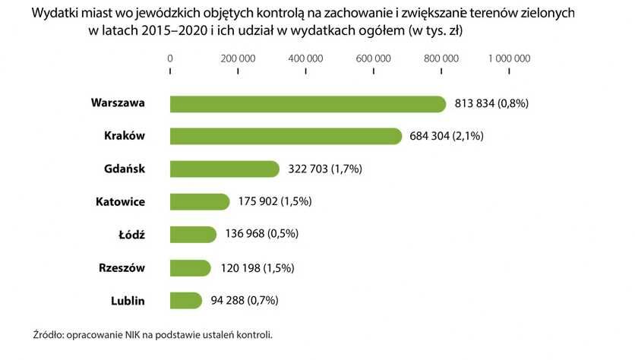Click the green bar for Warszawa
click(x=308, y=103)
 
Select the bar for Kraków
click(x=286, y=136)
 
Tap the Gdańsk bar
click(x=225, y=169)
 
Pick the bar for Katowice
click(x=200, y=201)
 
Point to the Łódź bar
click(x=193, y=235)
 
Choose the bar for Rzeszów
click(x=190, y=267)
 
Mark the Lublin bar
click(x=186, y=300)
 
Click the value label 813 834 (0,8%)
click(x=491, y=103)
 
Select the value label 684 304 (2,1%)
click(x=446, y=136)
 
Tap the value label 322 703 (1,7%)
click(x=324, y=169)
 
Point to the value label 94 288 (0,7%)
click(x=245, y=300)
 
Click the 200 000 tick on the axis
click(x=238, y=58)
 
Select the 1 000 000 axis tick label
click(x=509, y=58)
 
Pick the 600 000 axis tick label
click(x=374, y=58)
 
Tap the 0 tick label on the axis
click(x=170, y=58)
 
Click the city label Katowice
click(x=120, y=202)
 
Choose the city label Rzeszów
click(x=122, y=267)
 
